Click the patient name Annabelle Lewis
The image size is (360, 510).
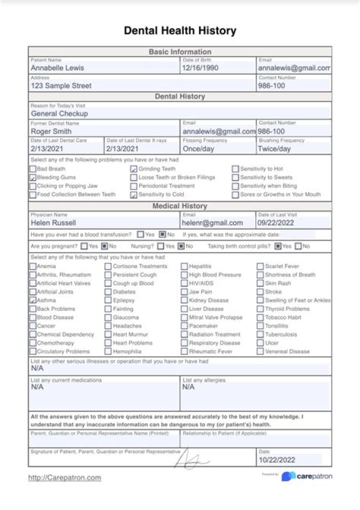(57, 68)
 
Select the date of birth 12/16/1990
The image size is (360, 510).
(200, 68)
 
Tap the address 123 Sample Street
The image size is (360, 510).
(61, 86)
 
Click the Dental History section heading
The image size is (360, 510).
(179, 97)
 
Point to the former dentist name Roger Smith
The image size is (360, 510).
(51, 132)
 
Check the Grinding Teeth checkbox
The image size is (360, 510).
(134, 169)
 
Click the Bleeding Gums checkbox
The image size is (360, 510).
(33, 178)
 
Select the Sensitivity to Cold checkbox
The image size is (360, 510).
(134, 195)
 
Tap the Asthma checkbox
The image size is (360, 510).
(33, 300)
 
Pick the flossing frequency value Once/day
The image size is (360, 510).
(198, 149)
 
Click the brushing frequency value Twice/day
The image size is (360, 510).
(274, 149)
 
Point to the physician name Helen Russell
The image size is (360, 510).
(54, 223)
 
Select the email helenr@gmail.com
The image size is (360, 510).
(212, 223)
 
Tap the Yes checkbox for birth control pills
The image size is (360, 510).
(277, 246)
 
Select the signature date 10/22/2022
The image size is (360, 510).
(277, 460)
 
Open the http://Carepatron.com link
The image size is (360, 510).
(64, 478)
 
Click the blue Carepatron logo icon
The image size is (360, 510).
(288, 476)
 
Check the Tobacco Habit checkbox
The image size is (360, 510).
(260, 317)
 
